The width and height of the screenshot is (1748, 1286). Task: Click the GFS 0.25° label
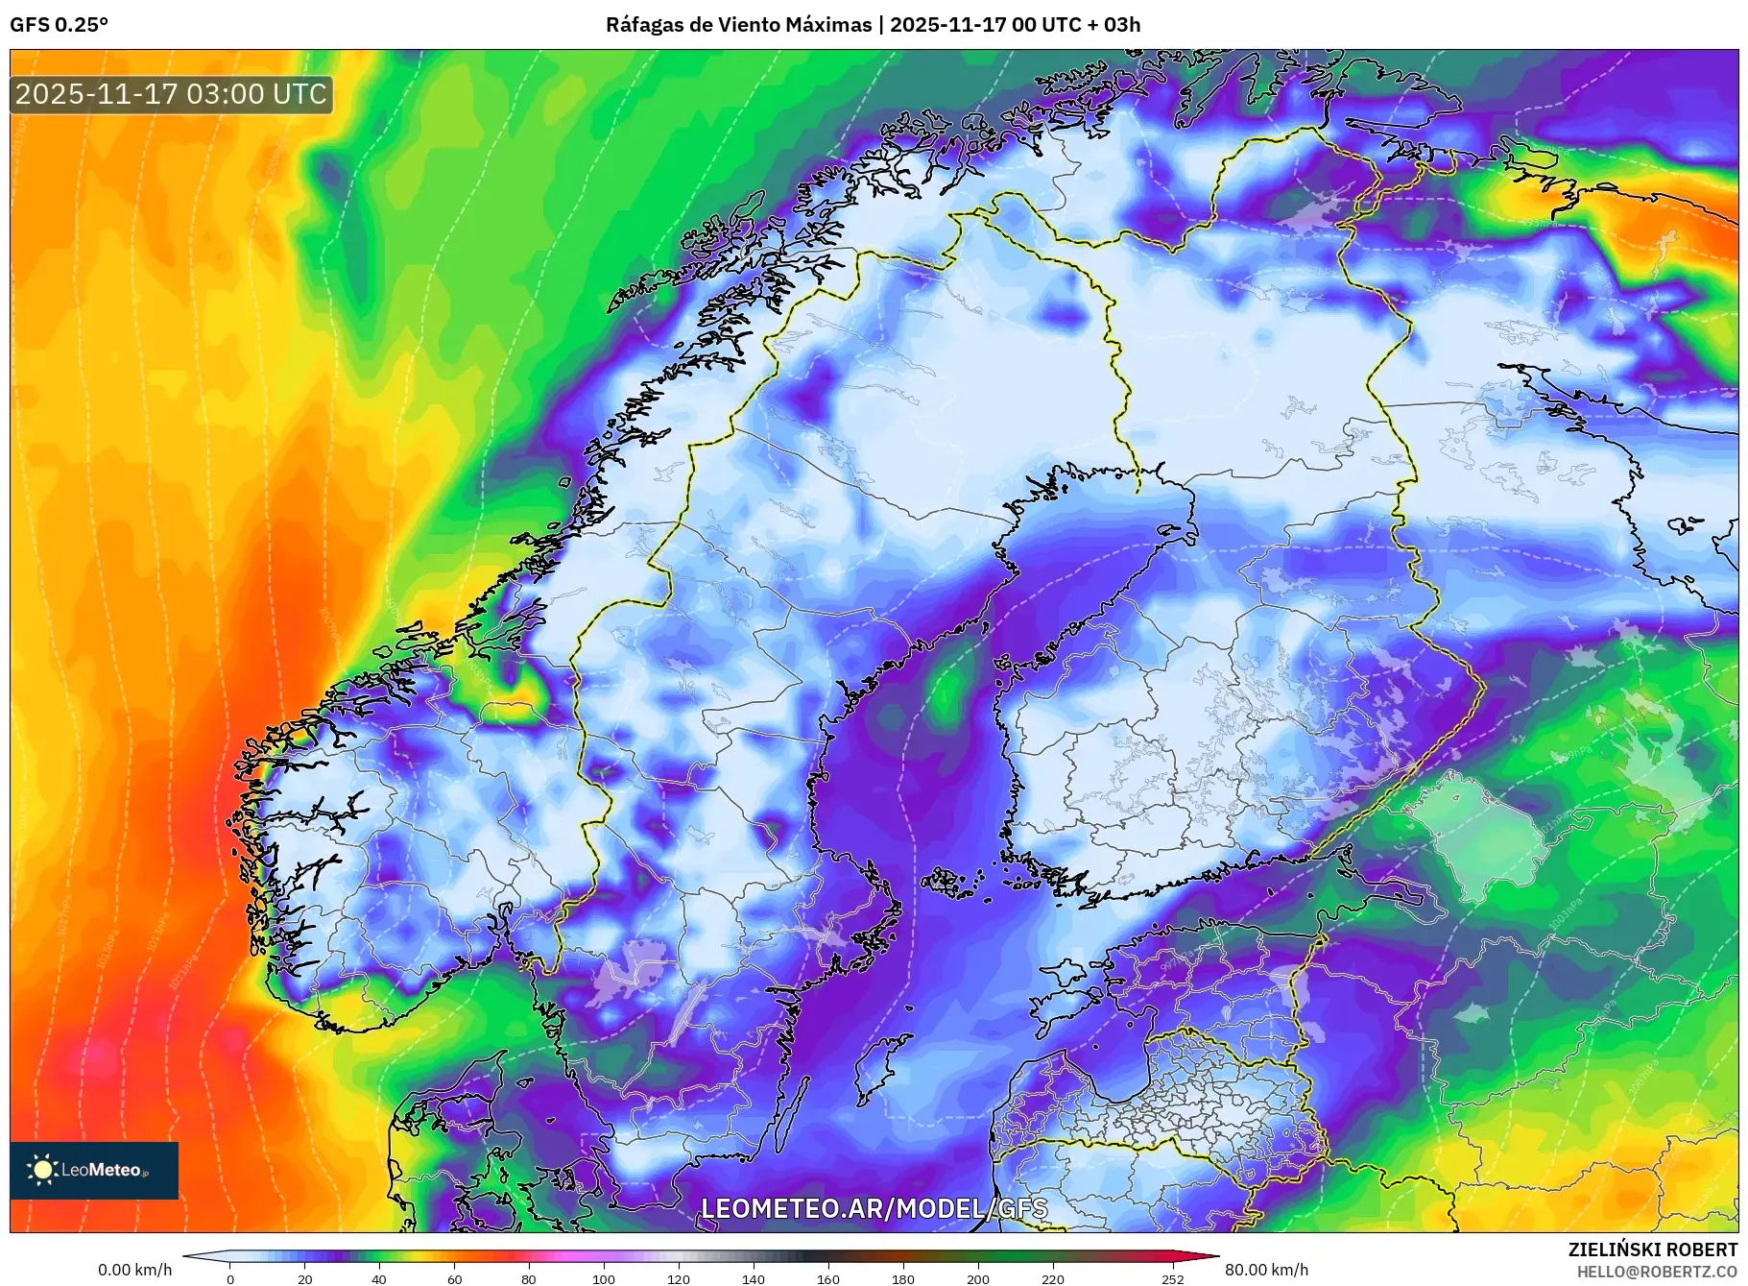point(59,25)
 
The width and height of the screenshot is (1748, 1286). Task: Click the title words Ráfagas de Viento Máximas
point(738,25)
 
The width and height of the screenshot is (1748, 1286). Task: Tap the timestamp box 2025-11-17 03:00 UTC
point(171,94)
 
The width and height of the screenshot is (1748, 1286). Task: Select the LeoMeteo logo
point(94,1170)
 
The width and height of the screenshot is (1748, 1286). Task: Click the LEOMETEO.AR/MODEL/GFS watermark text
point(874,1208)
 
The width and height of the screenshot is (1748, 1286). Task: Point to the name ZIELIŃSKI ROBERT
point(1652,1250)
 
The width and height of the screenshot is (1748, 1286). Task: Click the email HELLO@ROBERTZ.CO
point(1657,1272)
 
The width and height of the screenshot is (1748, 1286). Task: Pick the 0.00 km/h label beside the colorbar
point(134,1270)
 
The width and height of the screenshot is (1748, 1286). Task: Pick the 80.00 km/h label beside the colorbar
point(1266,1270)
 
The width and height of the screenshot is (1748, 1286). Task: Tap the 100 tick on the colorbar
point(603,1278)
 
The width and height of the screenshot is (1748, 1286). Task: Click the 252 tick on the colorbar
point(1173,1278)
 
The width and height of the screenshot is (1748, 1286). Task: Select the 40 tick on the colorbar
point(379,1278)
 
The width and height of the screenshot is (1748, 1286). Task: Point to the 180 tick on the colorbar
point(902,1278)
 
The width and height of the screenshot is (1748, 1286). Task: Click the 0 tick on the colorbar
point(229,1278)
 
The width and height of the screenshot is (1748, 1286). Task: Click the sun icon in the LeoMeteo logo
point(42,1170)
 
